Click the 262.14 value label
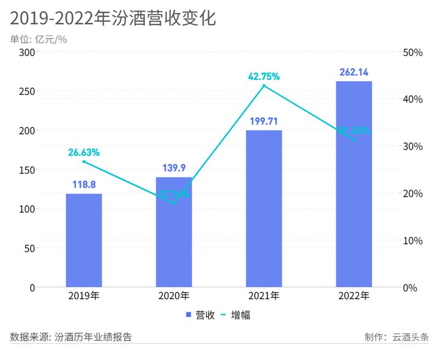(354, 72)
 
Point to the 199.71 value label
(264, 121)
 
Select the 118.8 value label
(84, 185)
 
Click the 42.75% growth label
(264, 76)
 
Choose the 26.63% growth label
(84, 152)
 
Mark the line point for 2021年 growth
(264, 85)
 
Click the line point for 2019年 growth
(84, 161)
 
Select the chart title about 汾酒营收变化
(113, 18)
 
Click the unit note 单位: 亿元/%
(38, 39)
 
